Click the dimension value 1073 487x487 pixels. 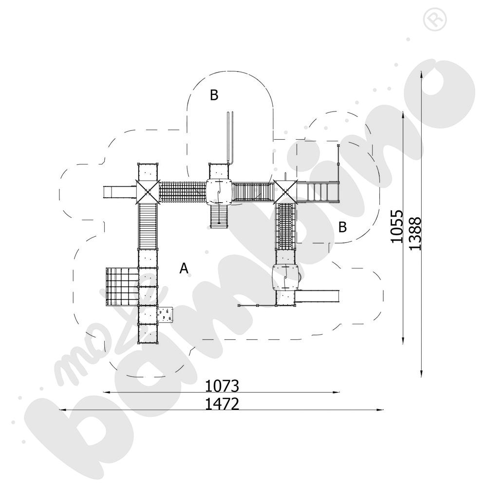(x=222, y=386)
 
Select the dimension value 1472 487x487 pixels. (x=222, y=404)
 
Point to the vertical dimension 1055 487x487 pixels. (x=397, y=226)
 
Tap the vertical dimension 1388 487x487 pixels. (x=414, y=233)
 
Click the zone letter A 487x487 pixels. (x=184, y=268)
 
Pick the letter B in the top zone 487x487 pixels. (x=214, y=95)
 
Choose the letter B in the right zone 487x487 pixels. (x=343, y=227)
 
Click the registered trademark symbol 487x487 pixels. (x=432, y=19)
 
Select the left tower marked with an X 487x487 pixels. (x=148, y=191)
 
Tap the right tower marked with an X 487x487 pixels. (x=285, y=191)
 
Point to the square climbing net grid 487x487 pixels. (x=122, y=286)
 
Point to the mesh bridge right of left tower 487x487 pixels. (x=182, y=191)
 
